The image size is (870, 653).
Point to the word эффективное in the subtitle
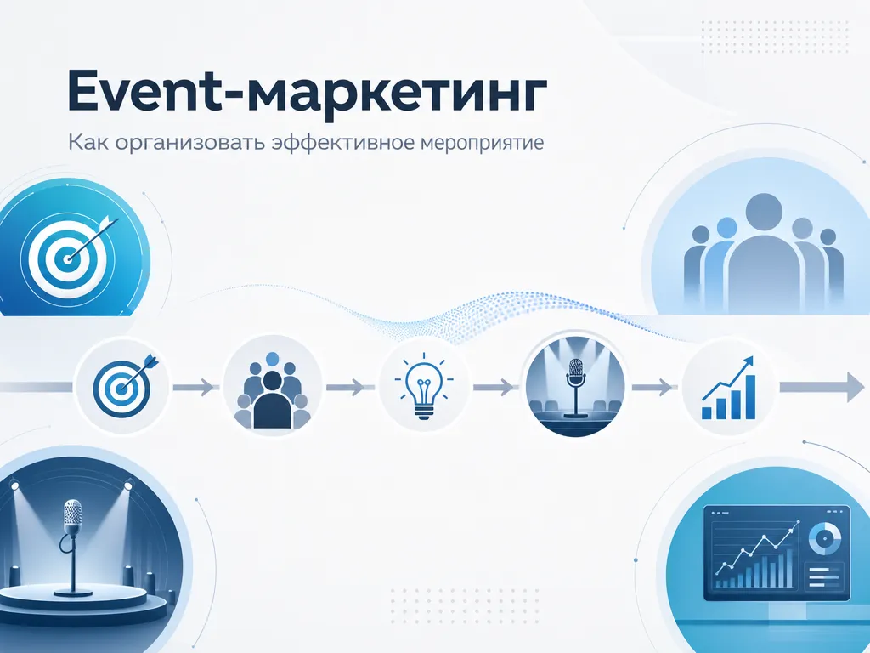(x=344, y=142)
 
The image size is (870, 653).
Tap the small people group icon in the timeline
(x=273, y=390)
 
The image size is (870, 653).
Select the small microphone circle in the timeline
(x=575, y=387)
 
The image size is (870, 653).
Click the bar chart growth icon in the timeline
(x=728, y=388)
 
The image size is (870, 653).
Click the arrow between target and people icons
(x=193, y=387)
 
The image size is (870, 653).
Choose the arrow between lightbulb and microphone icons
(x=494, y=387)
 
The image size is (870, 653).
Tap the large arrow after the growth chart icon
(x=822, y=387)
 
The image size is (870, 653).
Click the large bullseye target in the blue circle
(x=68, y=257)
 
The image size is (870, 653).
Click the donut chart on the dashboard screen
(x=824, y=538)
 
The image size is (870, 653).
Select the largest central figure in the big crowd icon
(x=764, y=250)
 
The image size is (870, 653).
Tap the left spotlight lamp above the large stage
(x=15, y=485)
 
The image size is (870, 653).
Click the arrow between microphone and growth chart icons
(x=652, y=387)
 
